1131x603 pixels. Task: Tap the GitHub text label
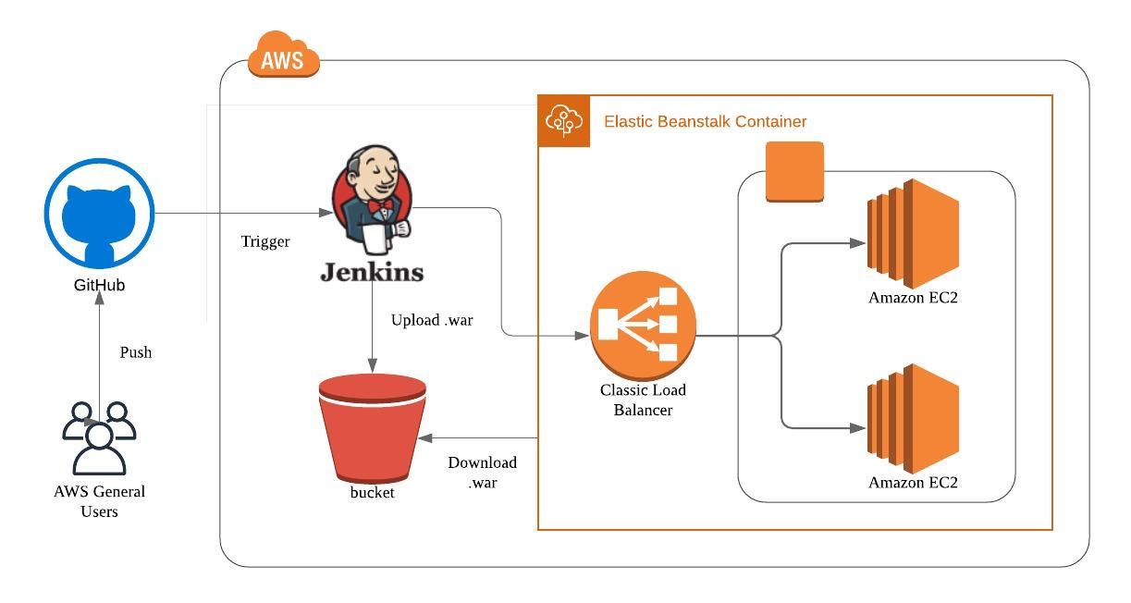[99, 286]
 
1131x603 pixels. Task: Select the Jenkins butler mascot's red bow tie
[380, 205]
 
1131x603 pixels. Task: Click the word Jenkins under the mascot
[372, 272]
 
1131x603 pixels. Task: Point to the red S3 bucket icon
[372, 426]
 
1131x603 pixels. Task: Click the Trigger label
[265, 242]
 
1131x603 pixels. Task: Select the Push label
[136, 353]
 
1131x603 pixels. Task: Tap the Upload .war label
[432, 321]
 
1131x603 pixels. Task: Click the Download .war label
[482, 473]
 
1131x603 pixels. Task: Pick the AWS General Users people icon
[99, 437]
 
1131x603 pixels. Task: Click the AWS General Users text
[99, 501]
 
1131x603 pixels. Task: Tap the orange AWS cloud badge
[283, 57]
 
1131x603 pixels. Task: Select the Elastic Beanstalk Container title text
[705, 122]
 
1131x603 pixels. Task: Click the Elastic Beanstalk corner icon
[564, 121]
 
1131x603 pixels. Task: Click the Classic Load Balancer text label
[643, 400]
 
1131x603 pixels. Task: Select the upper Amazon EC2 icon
[912, 233]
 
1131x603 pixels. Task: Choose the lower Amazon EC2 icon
[912, 418]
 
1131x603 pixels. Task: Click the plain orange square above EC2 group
[794, 171]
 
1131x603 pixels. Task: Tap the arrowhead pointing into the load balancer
[583, 335]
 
